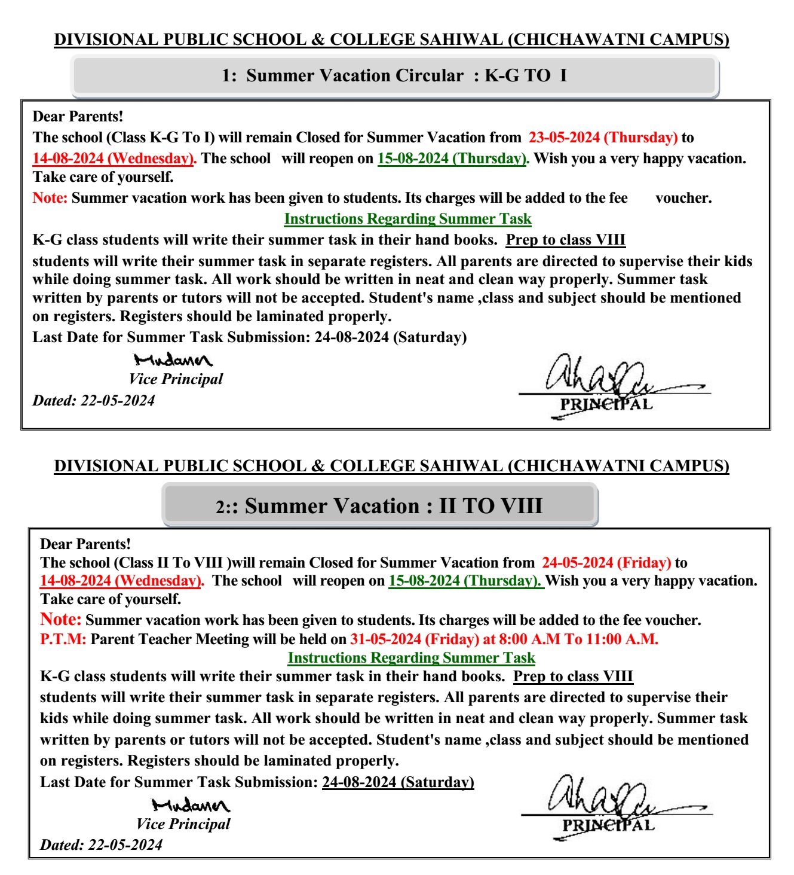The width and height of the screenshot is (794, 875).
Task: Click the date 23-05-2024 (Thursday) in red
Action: coord(603,138)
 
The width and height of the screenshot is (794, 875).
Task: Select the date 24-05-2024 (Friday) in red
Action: coord(606,563)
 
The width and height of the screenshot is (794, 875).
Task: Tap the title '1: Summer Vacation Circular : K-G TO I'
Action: coord(394,76)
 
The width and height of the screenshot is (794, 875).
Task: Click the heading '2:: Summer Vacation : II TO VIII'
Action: coord(379,506)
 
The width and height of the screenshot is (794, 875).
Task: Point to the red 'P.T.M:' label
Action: coord(63,639)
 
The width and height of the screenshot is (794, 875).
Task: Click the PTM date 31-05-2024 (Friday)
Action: coord(414,639)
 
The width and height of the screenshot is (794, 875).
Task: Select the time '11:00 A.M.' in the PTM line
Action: coord(621,639)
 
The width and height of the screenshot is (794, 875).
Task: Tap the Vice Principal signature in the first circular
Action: coord(173,360)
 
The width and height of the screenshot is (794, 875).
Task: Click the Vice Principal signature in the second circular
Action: coord(190,805)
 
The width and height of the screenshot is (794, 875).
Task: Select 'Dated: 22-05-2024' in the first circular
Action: coord(93,401)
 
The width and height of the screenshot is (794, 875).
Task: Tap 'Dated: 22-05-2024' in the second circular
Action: coord(101,845)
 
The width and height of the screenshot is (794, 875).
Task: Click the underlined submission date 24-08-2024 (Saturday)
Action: coord(398,782)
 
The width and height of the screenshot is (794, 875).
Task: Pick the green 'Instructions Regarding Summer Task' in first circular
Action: coord(407,219)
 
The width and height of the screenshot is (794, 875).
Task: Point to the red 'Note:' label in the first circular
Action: coord(50,198)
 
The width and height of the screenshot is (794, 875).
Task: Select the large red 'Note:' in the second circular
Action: coord(60,619)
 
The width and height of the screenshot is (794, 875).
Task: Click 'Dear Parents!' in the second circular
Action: coord(85,544)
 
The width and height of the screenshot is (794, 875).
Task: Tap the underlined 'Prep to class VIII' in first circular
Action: coord(565,240)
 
